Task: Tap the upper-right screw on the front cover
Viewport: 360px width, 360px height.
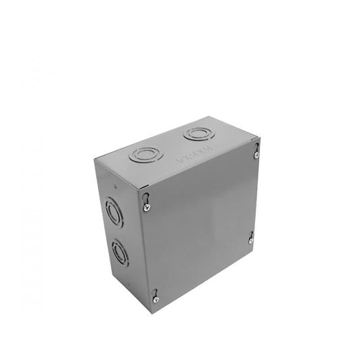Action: [x=256, y=155]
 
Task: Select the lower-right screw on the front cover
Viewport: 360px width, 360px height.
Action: [x=251, y=241]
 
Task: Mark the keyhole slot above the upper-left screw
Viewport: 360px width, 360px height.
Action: [x=146, y=198]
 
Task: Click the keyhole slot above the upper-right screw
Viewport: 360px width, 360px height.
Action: [x=256, y=148]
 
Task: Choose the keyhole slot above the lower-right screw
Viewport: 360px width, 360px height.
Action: [x=251, y=234]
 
